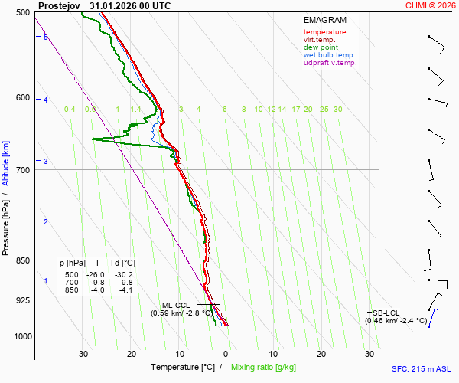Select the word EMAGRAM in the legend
[324, 19]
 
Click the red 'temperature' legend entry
[324, 32]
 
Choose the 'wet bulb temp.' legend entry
[329, 55]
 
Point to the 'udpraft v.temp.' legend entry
[330, 63]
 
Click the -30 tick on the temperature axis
[83, 354]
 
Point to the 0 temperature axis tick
[226, 354]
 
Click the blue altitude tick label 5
[46, 37]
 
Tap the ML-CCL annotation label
[175, 305]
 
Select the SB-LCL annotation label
[387, 313]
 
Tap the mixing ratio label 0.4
[70, 110]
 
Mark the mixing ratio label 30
[337, 110]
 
